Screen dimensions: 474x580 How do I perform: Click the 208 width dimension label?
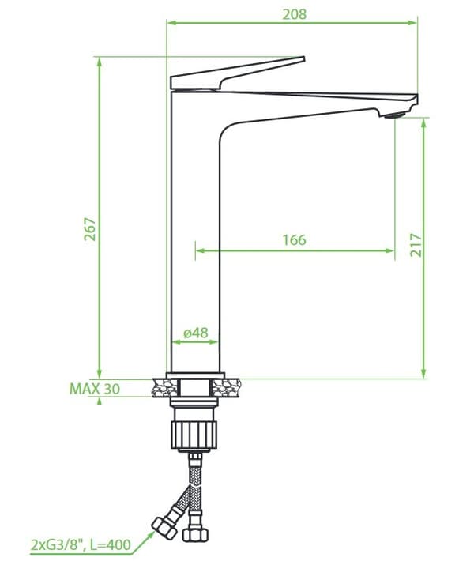295,14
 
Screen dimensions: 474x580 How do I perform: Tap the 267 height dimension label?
90,229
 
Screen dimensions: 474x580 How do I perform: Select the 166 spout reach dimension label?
295,240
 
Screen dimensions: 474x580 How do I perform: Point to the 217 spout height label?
416,245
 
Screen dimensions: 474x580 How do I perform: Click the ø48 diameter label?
196,333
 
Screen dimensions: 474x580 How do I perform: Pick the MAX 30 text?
95,389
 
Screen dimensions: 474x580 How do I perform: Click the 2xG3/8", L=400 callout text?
81,544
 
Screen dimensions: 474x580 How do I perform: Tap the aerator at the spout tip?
395,115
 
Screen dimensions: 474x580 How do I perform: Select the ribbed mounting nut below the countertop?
194,435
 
